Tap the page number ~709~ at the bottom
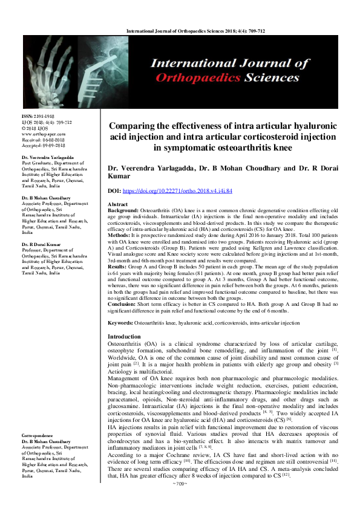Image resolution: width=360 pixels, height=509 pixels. (180, 501)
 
